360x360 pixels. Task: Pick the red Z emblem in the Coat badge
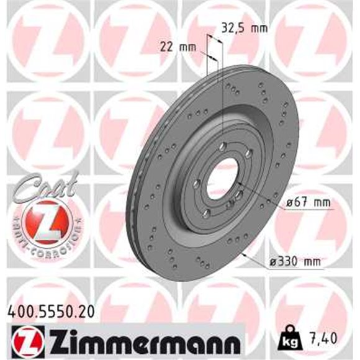(42, 221)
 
